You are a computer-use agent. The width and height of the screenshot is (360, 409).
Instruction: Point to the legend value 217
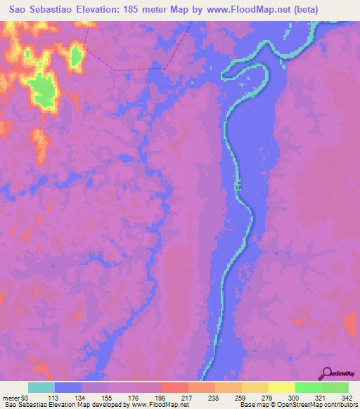[x=174, y=397]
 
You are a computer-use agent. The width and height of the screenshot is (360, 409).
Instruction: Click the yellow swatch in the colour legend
[x=281, y=387]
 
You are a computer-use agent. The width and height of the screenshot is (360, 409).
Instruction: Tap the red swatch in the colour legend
[x=174, y=387]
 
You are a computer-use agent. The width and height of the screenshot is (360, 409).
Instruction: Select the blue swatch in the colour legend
[x=68, y=387]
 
